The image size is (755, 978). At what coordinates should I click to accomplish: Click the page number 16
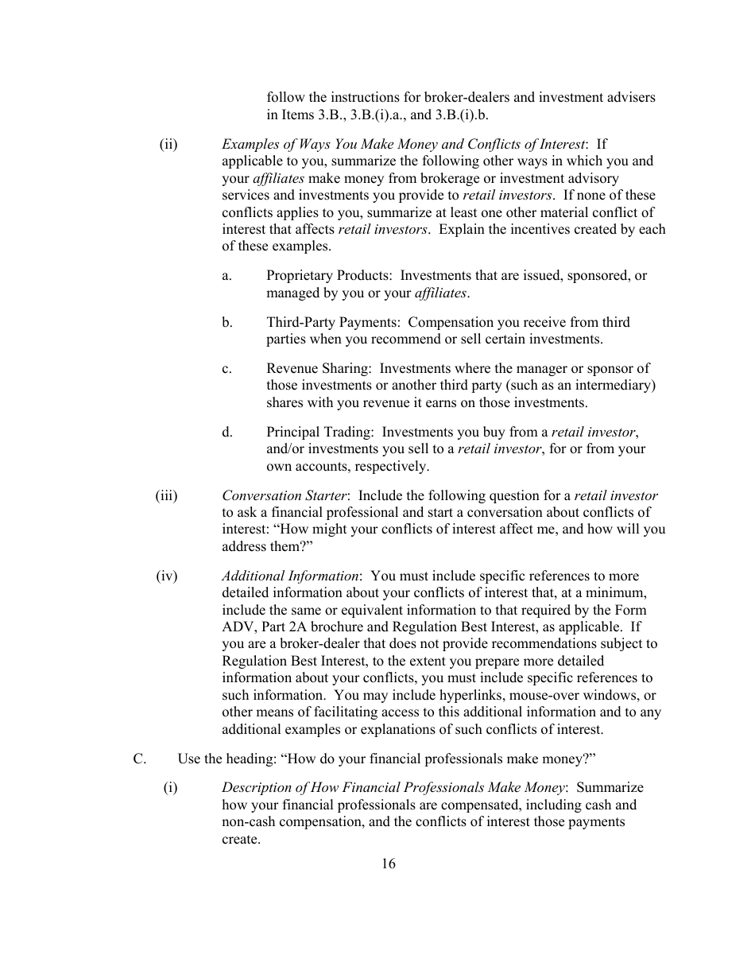click(x=388, y=864)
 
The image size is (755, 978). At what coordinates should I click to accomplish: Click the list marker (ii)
click(x=168, y=144)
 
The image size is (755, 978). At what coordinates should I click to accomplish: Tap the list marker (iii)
click(x=167, y=495)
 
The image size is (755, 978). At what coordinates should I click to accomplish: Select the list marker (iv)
click(x=167, y=576)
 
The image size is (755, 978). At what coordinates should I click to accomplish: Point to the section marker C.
click(x=139, y=759)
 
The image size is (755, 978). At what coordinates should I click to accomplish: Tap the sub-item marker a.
click(x=226, y=276)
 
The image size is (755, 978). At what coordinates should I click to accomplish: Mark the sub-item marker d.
click(x=227, y=432)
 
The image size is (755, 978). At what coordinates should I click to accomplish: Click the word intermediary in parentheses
click(x=614, y=386)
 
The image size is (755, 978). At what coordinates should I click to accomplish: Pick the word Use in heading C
click(x=189, y=759)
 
